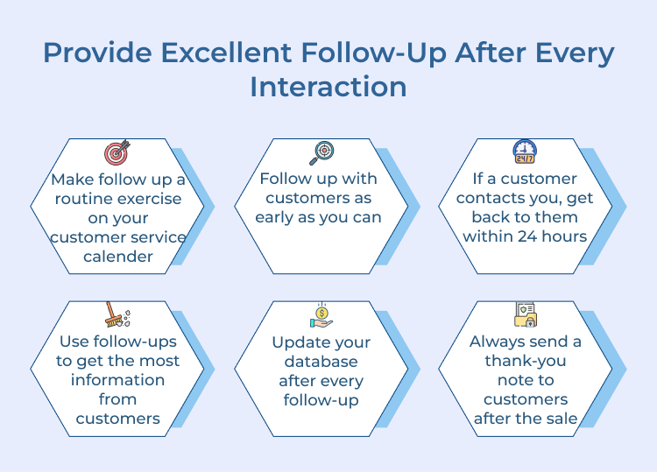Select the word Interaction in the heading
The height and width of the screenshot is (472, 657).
coord(328,87)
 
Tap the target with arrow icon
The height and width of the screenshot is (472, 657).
coord(117,152)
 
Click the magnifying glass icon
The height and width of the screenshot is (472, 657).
coord(321,152)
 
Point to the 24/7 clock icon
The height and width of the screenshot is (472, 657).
coord(524,152)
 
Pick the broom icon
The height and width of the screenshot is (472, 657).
coord(114,315)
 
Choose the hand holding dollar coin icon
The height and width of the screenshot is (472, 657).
coord(321,315)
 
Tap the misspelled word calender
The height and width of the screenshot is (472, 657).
coord(117,257)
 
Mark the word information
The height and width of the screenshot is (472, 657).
coord(117,379)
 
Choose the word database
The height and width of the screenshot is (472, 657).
coord(321,362)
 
